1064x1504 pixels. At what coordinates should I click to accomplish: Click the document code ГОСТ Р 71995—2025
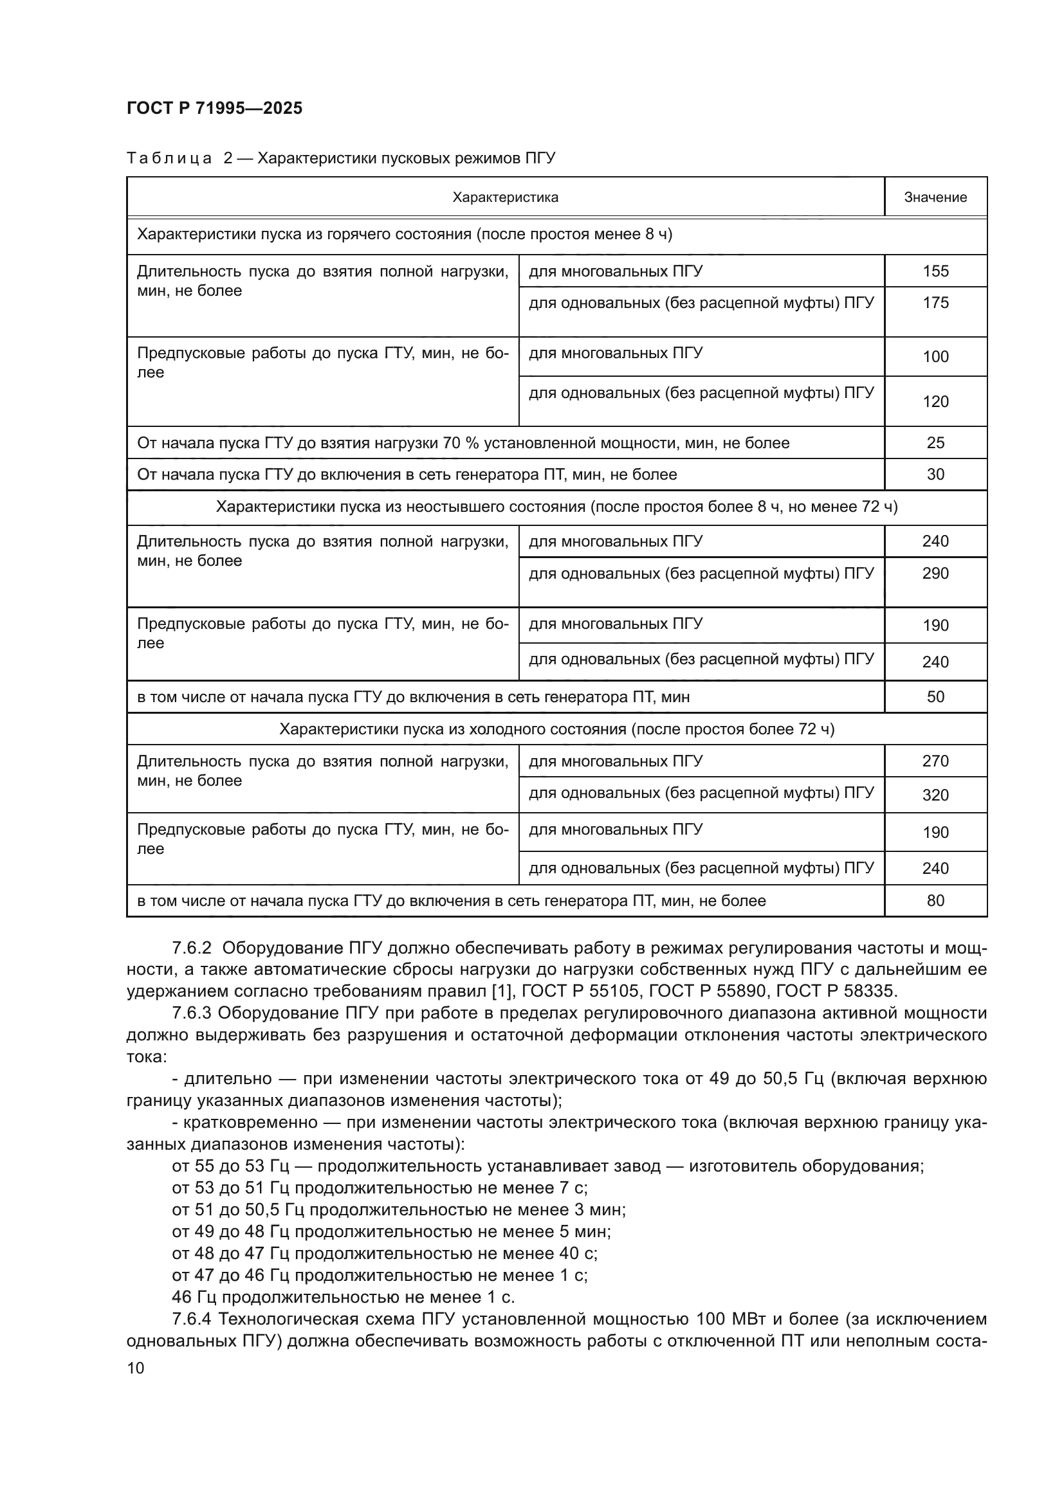[214, 108]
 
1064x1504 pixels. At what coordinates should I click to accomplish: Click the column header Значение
[935, 197]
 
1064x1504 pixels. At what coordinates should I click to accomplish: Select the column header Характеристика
[505, 197]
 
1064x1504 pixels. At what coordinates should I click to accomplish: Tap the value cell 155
[935, 271]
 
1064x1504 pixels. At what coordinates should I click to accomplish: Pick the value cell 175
[935, 303]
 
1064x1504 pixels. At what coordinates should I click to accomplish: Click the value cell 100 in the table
[935, 356]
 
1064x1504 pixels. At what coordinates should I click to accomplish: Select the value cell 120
[935, 401]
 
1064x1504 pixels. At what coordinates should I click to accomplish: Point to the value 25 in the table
[935, 443]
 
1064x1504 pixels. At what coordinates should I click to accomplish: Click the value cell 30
[935, 475]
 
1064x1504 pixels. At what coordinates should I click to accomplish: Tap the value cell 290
[935, 573]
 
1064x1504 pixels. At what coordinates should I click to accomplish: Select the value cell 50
[935, 696]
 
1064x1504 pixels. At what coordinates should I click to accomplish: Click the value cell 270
[935, 761]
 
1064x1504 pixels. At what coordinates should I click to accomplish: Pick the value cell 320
[935, 795]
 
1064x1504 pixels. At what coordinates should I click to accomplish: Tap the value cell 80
[935, 901]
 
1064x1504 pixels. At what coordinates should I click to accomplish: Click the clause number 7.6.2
[191, 948]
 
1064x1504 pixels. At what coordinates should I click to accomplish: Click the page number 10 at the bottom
[136, 1368]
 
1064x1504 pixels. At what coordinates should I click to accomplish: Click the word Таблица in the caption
[169, 159]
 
